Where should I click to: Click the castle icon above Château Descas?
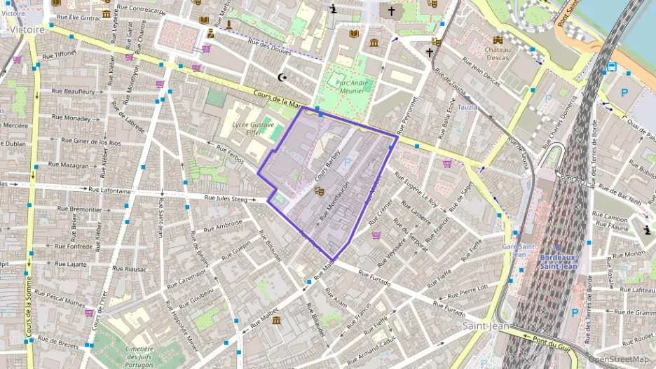(x=498, y=40)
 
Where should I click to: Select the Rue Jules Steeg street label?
(x=226, y=199)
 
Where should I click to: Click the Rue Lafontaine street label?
(x=110, y=190)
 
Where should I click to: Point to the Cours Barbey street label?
(x=327, y=164)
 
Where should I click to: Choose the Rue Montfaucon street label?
(x=335, y=203)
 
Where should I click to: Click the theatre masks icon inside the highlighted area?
(x=319, y=190)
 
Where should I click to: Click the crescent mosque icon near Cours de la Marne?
(x=283, y=77)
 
